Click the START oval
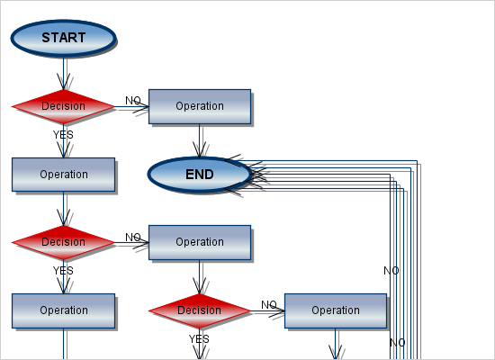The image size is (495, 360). [63, 38]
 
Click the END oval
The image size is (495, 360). [199, 175]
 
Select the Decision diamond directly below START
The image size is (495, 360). [63, 106]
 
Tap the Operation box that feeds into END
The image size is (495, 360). [199, 106]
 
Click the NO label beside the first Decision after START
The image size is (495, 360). [132, 100]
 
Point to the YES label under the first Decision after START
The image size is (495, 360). [63, 135]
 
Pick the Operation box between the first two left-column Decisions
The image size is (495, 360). [63, 175]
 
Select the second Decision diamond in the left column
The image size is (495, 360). [63, 242]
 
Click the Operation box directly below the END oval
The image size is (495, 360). [199, 242]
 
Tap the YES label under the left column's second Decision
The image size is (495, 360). [63, 270]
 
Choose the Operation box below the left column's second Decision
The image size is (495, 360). [63, 310]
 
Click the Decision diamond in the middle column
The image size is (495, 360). [199, 310]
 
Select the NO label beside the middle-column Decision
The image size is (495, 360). [269, 304]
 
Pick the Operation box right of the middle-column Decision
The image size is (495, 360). [335, 310]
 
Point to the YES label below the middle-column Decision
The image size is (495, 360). [199, 339]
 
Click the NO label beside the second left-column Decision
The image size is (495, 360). [132, 237]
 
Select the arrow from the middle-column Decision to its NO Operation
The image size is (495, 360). [267, 311]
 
